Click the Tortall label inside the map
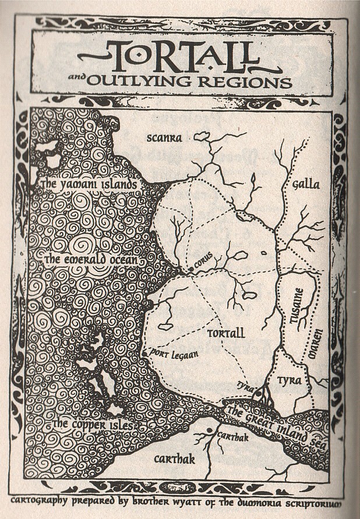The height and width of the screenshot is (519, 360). pos(226,333)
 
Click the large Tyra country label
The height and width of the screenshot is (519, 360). pos(290,380)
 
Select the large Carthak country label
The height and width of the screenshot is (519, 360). pos(174,460)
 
